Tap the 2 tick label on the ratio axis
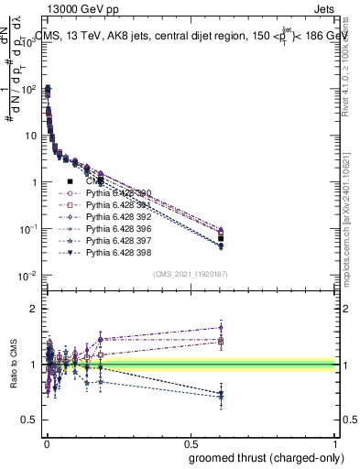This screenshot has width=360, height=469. [34, 309]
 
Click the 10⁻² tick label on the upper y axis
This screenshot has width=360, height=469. [27, 276]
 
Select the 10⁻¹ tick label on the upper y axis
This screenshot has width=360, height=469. [27, 229]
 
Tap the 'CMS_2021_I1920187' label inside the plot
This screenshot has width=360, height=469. [190, 274]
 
